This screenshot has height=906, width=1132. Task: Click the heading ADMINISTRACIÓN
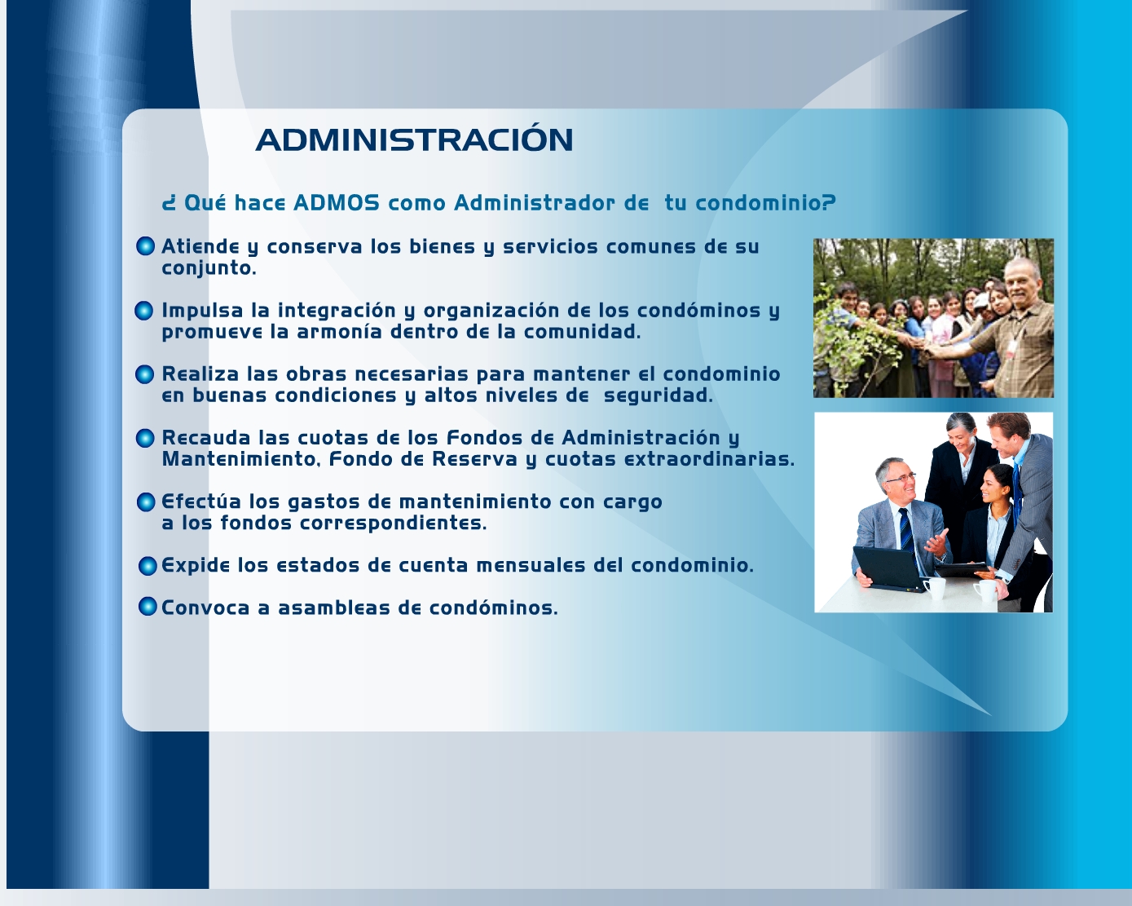414,139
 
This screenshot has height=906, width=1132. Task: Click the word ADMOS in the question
336,203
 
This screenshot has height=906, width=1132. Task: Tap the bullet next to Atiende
145,245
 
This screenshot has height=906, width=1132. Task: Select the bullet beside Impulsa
143,311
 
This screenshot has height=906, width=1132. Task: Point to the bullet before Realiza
144,374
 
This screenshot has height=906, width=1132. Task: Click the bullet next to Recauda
145,438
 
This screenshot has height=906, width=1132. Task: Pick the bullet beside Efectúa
146,502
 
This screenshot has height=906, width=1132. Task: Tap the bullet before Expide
148,566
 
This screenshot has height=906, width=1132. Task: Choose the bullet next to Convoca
148,607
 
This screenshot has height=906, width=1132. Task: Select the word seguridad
658,396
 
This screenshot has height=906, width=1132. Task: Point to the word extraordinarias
709,459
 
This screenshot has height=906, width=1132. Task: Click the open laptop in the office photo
888,569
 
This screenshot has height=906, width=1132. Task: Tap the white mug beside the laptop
935,589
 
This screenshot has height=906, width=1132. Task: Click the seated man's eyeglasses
900,478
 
